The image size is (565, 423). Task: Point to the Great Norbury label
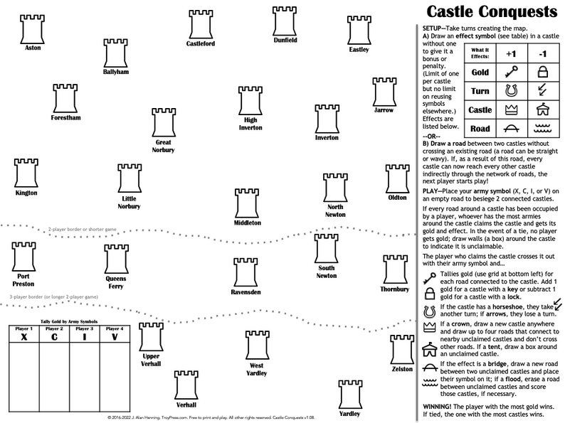click(x=163, y=146)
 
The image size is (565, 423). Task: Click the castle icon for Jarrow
click(x=384, y=92)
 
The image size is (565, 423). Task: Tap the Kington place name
click(x=26, y=192)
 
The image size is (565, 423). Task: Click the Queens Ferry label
click(x=116, y=283)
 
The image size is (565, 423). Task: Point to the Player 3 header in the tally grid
click(x=84, y=329)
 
